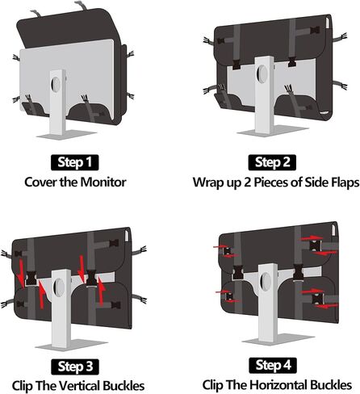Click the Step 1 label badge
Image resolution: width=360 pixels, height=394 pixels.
click(74, 162)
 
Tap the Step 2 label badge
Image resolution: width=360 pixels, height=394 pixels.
click(272, 162)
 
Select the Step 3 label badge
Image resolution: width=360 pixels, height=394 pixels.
click(75, 367)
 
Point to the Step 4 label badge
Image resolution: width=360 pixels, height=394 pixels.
click(273, 365)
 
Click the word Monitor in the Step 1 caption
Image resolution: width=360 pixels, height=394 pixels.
click(103, 182)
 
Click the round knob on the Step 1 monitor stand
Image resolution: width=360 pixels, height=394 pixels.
click(56, 84)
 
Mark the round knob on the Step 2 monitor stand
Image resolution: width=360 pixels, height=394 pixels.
click(262, 73)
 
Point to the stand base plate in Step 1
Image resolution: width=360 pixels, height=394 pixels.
click(66, 135)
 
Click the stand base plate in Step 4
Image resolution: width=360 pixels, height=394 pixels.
click(278, 339)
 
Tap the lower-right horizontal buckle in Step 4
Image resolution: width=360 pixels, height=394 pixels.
click(317, 299)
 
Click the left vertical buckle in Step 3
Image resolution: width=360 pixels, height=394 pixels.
click(31, 279)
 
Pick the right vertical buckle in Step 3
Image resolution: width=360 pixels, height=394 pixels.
click(91, 279)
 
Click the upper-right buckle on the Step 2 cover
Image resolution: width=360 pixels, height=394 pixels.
click(314, 30)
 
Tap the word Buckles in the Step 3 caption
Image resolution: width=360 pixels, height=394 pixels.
click(123, 386)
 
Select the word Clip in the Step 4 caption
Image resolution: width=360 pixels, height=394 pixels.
click(212, 385)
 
